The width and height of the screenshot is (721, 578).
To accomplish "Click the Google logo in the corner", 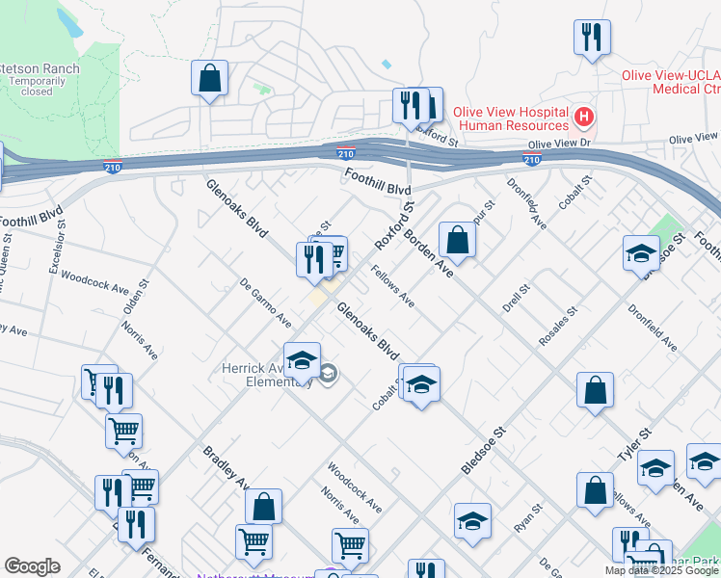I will [32, 565].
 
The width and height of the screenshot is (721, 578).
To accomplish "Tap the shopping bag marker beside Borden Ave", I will [458, 240].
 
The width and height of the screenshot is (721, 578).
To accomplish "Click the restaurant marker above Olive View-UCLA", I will [591, 38].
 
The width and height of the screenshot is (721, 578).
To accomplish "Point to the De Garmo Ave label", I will [265, 302].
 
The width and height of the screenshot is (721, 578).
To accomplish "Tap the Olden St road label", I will [131, 297].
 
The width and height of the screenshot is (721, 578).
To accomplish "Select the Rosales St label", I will [557, 327].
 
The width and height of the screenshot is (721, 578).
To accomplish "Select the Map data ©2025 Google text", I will [661, 570].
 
